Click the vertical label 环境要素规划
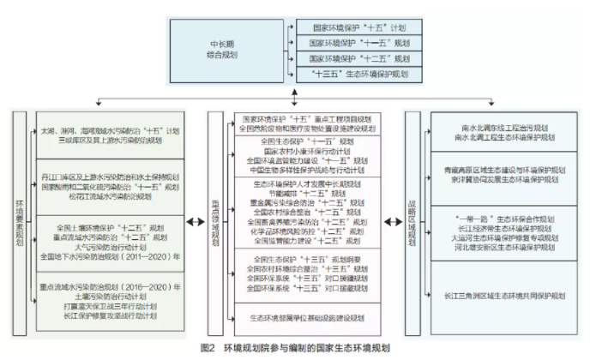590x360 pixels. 19,224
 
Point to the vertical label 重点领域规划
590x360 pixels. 216,224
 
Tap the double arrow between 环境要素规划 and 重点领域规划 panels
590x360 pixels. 192,225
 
